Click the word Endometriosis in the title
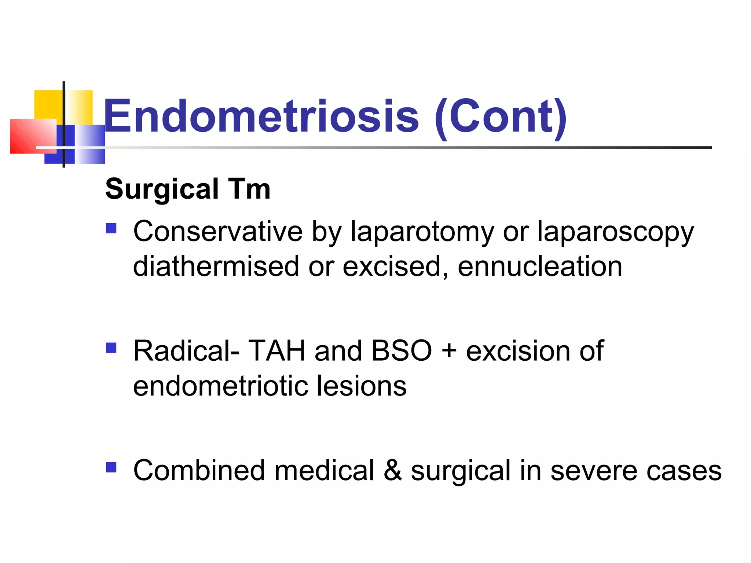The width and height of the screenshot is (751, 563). click(x=261, y=117)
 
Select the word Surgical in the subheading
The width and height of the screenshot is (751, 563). click(x=162, y=189)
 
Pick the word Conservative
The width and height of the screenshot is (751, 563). click(x=218, y=231)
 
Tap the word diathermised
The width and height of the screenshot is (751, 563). click(x=216, y=266)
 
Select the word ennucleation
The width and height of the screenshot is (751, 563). click(x=540, y=266)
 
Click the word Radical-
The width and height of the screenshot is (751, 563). click(x=186, y=351)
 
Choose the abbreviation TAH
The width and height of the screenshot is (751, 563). click(x=276, y=351)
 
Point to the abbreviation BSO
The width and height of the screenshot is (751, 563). click(x=402, y=351)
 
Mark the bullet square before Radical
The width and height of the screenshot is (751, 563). click(x=111, y=347)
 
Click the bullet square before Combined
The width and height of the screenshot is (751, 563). click(x=111, y=467)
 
